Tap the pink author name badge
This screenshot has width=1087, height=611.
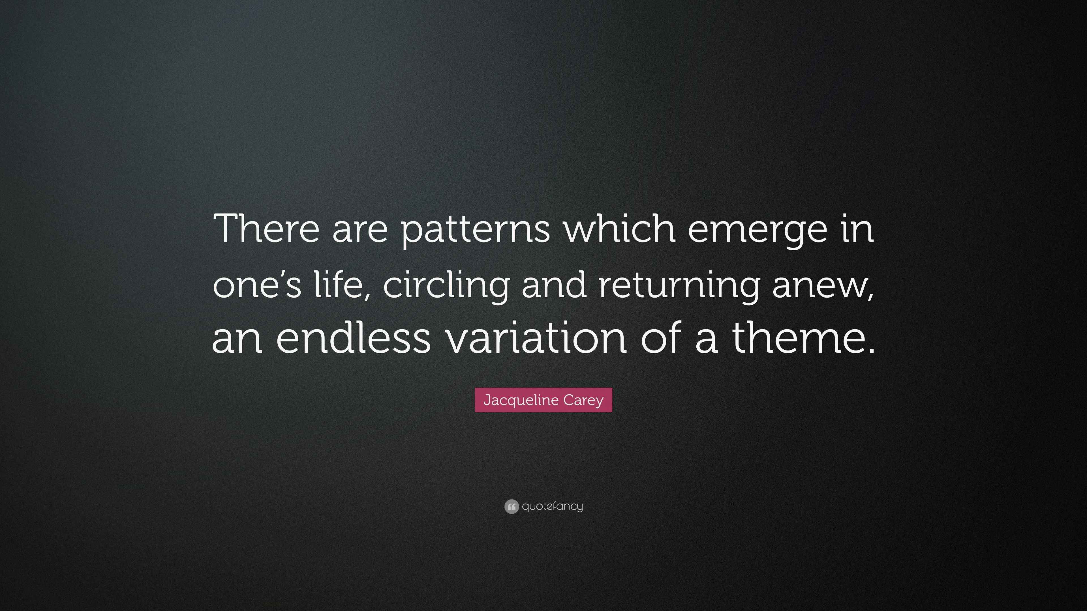pyautogui.click(x=543, y=400)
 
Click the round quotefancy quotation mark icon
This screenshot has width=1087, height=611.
pyautogui.click(x=512, y=506)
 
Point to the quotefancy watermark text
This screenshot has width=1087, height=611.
pyautogui.click(x=552, y=506)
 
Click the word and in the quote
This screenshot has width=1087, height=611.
pyautogui.click(x=554, y=283)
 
